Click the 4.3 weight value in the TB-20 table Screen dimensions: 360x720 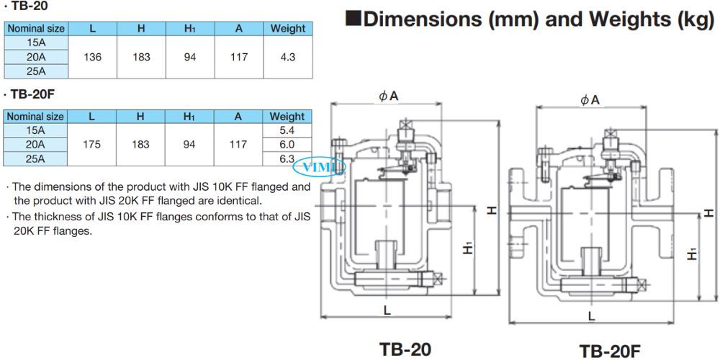click(x=288, y=57)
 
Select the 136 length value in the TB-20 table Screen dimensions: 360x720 click(x=92, y=57)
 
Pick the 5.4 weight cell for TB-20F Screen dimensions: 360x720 click(x=287, y=130)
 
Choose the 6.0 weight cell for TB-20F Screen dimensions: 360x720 click(x=287, y=145)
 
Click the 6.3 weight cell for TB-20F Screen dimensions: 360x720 click(x=287, y=158)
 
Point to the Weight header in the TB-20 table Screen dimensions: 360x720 click(x=288, y=29)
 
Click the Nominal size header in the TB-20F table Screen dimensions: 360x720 click(x=36, y=117)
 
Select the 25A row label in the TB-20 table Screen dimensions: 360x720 click(x=36, y=71)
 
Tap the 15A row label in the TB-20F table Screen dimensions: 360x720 click(x=36, y=130)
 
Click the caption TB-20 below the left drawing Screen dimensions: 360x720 click(x=405, y=349)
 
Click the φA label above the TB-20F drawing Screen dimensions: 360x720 click(x=590, y=100)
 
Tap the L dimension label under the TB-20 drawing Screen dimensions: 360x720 click(x=387, y=310)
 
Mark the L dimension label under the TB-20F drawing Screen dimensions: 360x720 click(x=591, y=316)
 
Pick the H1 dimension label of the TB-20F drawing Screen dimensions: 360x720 click(x=692, y=254)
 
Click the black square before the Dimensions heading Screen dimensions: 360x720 click(x=353, y=17)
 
